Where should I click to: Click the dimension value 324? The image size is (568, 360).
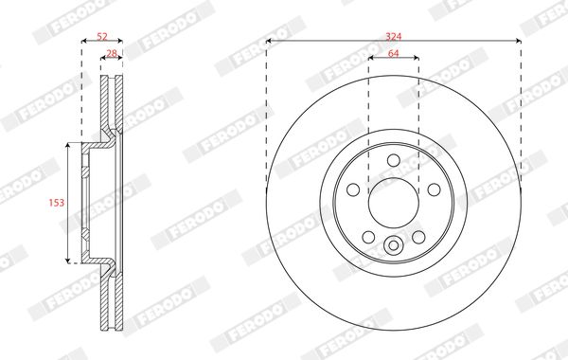(394, 36)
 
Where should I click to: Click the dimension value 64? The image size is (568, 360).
(394, 53)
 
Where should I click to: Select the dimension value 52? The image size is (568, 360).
(102, 36)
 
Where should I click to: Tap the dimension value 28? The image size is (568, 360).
(112, 53)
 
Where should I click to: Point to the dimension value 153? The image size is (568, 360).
(57, 203)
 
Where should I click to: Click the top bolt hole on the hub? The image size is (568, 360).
(394, 160)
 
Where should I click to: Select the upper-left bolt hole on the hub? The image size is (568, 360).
(353, 189)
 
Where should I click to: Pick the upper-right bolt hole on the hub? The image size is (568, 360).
(434, 189)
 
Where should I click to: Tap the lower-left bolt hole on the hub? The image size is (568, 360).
(368, 237)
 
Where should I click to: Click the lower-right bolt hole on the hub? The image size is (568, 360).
(418, 237)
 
